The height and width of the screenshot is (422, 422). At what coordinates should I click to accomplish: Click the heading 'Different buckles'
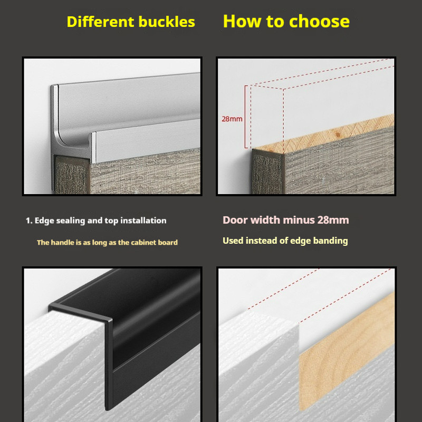pyautogui.click(x=131, y=22)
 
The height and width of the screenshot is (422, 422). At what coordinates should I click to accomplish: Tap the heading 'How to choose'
pyautogui.click(x=286, y=21)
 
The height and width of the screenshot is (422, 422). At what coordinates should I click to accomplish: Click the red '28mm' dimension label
pyautogui.click(x=232, y=119)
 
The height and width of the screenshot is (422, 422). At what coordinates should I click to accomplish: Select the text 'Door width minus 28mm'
pyautogui.click(x=286, y=220)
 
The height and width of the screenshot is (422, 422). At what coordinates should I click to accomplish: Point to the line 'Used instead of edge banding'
pyautogui.click(x=285, y=241)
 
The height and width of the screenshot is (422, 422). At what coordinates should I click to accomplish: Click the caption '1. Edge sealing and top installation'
pyautogui.click(x=96, y=220)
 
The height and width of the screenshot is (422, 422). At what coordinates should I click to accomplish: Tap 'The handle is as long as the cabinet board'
pyautogui.click(x=108, y=243)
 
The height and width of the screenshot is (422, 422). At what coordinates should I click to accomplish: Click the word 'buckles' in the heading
pyautogui.click(x=167, y=22)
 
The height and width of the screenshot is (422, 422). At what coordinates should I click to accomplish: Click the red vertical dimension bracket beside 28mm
pyautogui.click(x=246, y=117)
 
